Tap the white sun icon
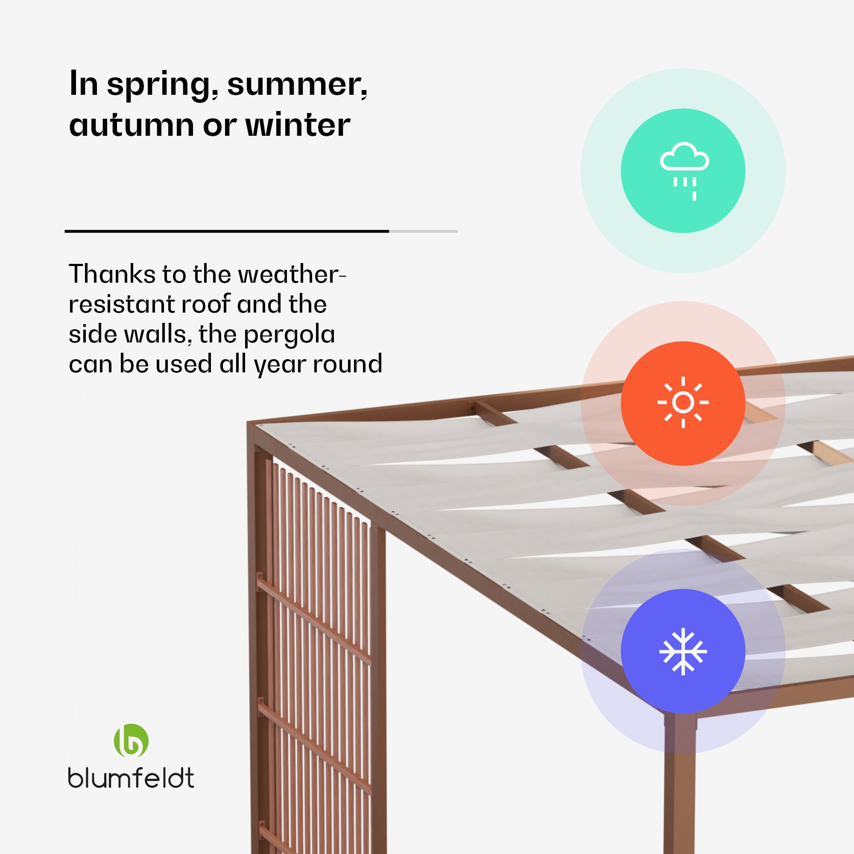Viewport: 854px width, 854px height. (683, 402)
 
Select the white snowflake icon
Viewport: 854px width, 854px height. (683, 652)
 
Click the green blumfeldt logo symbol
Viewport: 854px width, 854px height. (131, 741)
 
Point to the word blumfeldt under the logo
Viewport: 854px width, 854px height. (131, 778)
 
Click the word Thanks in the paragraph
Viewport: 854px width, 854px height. (112, 274)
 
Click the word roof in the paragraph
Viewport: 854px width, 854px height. (206, 304)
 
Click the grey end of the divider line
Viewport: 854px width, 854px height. (423, 231)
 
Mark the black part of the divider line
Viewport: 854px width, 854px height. (227, 231)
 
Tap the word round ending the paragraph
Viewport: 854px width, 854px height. (348, 364)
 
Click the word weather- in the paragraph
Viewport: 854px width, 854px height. (292, 275)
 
